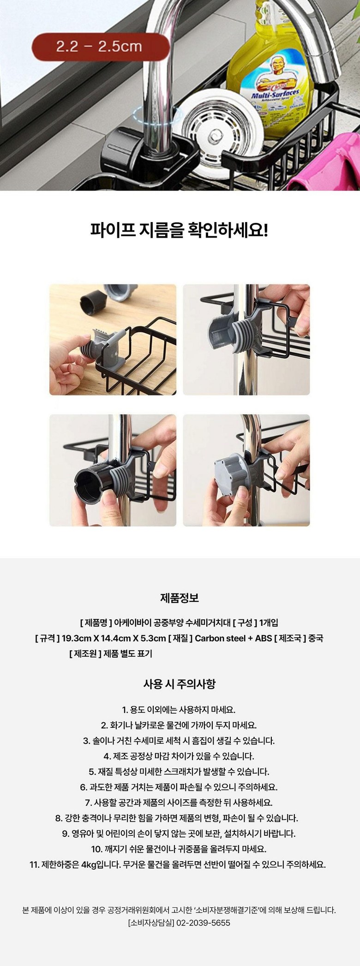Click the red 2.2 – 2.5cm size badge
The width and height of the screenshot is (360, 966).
(x=99, y=47)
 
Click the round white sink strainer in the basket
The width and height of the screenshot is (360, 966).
(x=217, y=138)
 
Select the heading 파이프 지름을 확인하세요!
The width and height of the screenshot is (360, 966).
(x=180, y=229)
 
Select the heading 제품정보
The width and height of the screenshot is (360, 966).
(x=180, y=598)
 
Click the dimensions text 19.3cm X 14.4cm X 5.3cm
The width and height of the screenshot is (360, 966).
(x=114, y=638)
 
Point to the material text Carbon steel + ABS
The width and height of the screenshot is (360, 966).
(x=234, y=638)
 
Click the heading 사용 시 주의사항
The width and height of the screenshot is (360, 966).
(x=180, y=684)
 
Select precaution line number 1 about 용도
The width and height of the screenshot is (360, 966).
(x=179, y=709)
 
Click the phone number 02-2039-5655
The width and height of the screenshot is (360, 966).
(x=203, y=923)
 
